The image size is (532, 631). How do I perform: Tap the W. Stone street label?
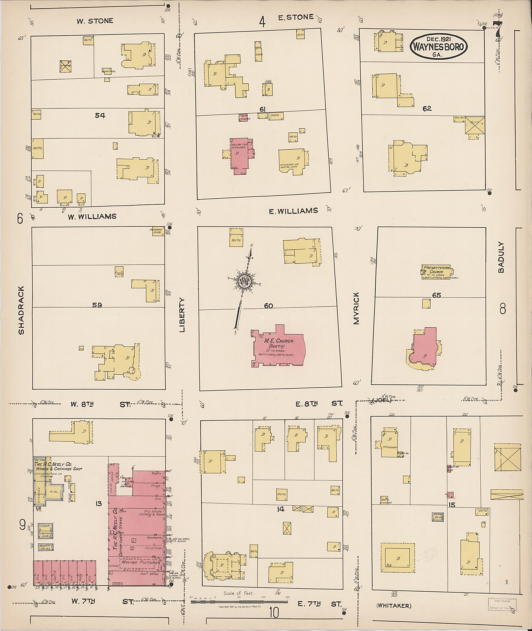coord(95,21)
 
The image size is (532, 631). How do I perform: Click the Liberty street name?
coord(182,315)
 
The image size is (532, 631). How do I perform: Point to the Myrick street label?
coord(356,308)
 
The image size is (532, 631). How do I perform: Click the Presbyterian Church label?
coord(436,269)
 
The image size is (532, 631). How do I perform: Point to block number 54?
coord(100,115)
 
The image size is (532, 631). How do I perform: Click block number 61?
coord(262,109)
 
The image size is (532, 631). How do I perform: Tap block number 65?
coord(436,295)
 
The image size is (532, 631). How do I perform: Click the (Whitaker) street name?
coord(394,605)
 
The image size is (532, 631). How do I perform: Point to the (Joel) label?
coord(382,400)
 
